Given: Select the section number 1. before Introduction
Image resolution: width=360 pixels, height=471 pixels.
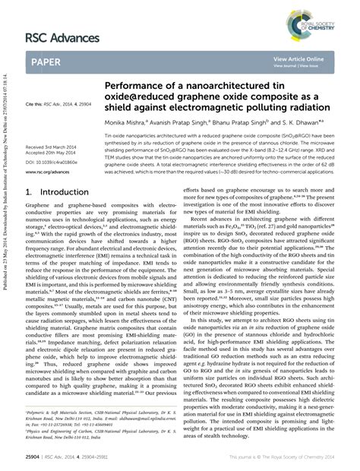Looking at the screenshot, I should [x=29, y=192].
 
